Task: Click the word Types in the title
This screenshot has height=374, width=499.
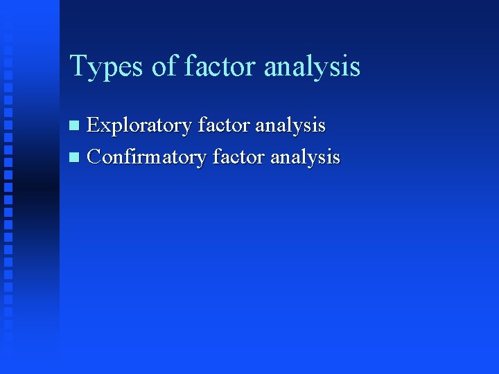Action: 106,67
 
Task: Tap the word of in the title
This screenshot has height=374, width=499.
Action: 164,66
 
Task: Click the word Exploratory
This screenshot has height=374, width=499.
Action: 139,126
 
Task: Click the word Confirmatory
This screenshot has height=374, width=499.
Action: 147,158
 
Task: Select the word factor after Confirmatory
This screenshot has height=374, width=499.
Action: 238,157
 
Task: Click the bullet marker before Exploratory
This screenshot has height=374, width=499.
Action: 76,126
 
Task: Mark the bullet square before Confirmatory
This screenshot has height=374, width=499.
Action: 76,158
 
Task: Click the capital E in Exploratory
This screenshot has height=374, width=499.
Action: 93,125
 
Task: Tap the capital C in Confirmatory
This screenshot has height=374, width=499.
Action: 94,157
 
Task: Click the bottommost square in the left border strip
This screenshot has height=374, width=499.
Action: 8,342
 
